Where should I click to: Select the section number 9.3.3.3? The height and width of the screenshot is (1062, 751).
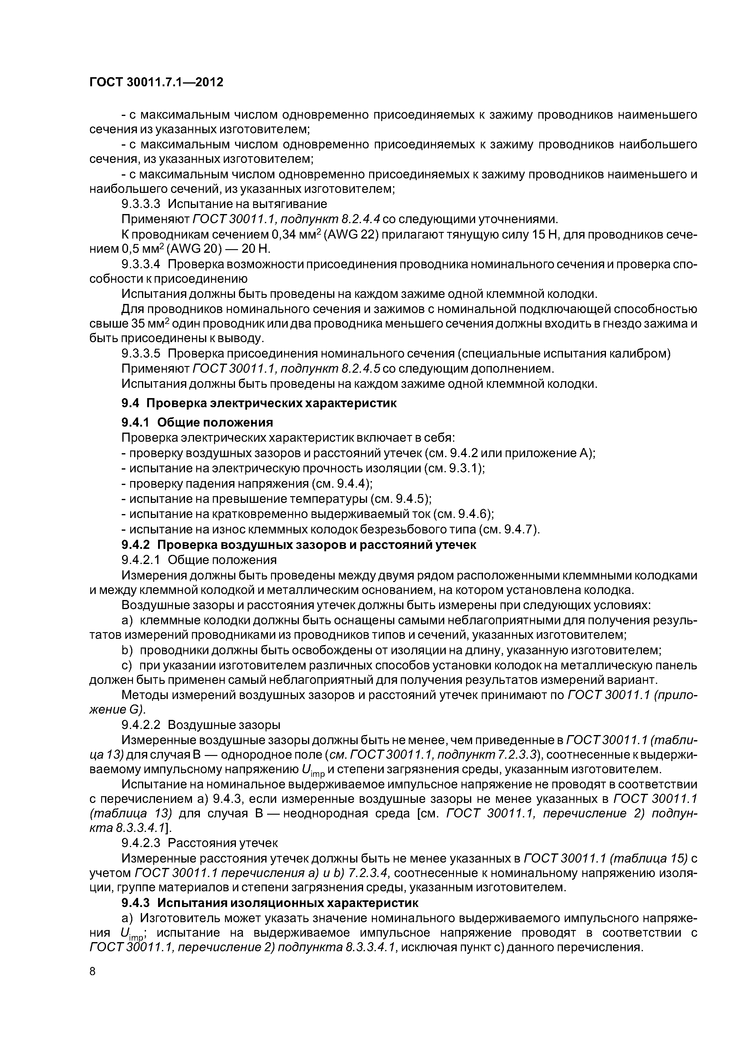coord(141,204)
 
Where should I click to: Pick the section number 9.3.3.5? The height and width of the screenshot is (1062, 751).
coord(141,354)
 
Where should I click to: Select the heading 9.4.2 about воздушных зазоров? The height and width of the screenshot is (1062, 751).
coord(299,545)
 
